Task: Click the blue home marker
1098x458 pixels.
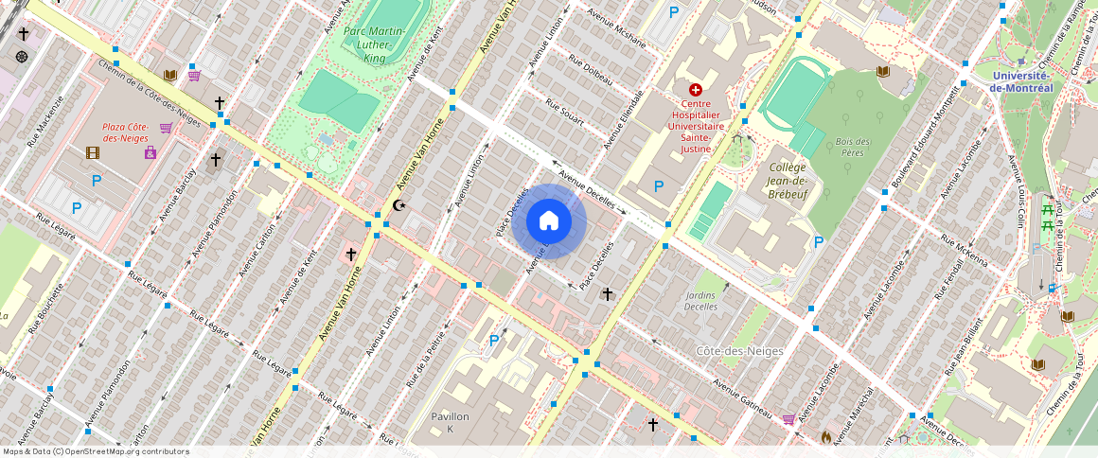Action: (549, 221)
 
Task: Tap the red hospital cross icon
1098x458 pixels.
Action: (696, 89)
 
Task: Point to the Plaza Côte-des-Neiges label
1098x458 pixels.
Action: (126, 132)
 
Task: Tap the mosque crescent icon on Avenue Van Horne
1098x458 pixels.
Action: (398, 205)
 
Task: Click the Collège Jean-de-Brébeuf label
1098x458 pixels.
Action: (787, 179)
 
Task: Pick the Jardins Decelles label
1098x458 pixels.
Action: (700, 301)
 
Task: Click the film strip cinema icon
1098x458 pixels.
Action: (92, 152)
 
